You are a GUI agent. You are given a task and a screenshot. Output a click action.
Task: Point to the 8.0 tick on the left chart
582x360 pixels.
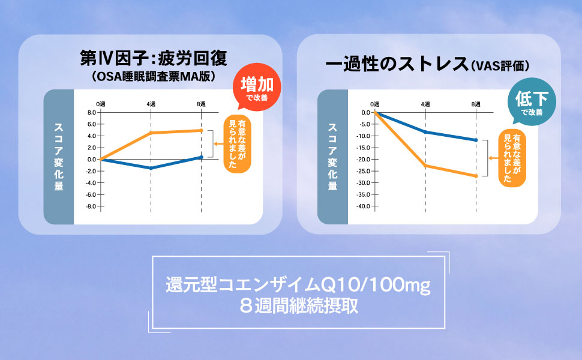92,112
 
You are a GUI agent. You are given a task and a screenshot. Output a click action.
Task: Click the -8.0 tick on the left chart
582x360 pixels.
92,206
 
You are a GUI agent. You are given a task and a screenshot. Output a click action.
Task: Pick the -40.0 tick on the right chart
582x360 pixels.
362,206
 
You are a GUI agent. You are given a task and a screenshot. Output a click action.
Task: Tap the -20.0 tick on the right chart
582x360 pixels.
362,159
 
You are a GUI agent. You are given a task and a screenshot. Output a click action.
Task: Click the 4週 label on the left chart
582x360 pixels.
151,104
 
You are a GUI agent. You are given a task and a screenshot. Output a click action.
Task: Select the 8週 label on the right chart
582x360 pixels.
475,104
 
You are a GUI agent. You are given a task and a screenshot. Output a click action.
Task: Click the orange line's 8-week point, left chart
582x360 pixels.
201,130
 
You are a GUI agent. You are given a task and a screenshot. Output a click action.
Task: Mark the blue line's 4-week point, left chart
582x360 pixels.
151,168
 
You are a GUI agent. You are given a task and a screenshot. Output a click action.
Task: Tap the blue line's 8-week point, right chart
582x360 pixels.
475,140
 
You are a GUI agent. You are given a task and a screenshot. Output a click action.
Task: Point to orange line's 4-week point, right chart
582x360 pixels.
425,165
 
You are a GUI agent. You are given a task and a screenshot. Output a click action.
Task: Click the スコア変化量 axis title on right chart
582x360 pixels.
332,157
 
